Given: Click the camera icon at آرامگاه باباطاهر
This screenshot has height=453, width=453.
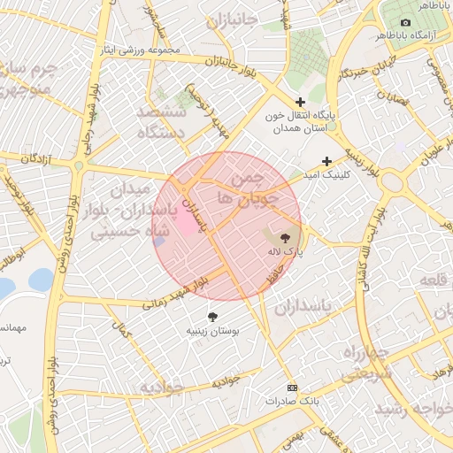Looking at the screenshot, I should tap(405, 22).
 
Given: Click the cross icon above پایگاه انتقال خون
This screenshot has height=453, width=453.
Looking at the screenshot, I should tap(301, 102).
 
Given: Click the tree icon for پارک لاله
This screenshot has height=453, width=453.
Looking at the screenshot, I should tap(285, 237).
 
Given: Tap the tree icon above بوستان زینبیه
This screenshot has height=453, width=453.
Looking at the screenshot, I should tap(212, 316).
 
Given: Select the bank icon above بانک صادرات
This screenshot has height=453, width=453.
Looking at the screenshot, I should tap(292, 388).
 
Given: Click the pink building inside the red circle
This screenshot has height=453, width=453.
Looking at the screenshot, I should tap(186, 222).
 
